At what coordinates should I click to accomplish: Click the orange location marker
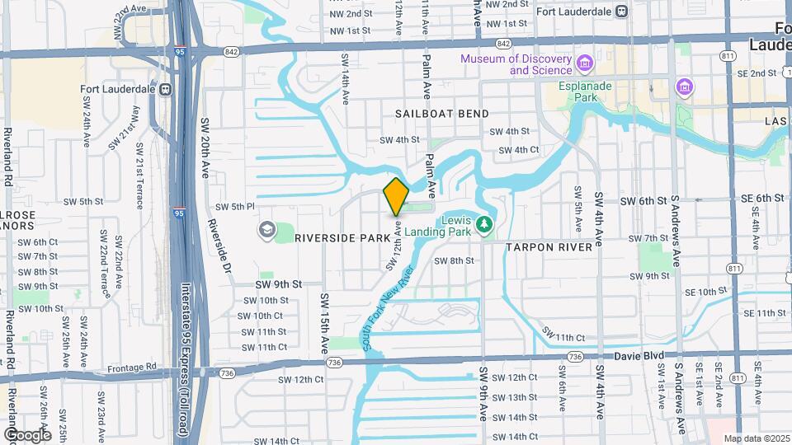396,196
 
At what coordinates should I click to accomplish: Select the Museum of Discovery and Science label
516,64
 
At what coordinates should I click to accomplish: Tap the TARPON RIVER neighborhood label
549,247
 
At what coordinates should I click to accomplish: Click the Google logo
26,434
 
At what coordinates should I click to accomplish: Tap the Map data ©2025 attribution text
757,438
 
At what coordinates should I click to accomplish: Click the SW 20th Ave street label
205,148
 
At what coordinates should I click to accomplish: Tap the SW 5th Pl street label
235,207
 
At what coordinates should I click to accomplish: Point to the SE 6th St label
761,198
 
